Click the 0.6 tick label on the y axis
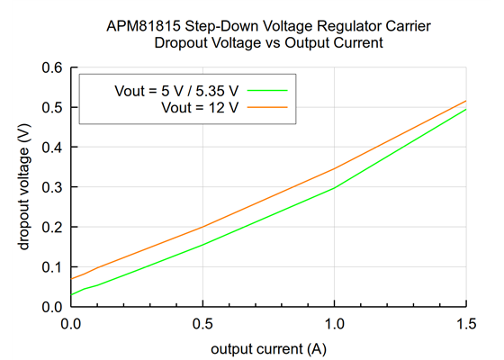click(50, 67)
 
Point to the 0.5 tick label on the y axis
click(50, 107)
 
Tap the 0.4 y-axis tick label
click(50, 147)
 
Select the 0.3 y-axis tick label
click(50, 187)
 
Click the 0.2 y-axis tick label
click(50, 227)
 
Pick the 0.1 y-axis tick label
click(50, 267)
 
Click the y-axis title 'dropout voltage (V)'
click(22, 187)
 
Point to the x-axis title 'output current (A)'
click(267, 347)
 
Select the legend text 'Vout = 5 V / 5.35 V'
click(176, 91)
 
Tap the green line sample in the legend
click(266, 91)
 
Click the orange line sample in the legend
click(266, 107)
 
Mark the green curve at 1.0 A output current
click(334, 187)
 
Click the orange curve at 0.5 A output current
click(202, 227)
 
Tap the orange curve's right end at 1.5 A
click(466, 101)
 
